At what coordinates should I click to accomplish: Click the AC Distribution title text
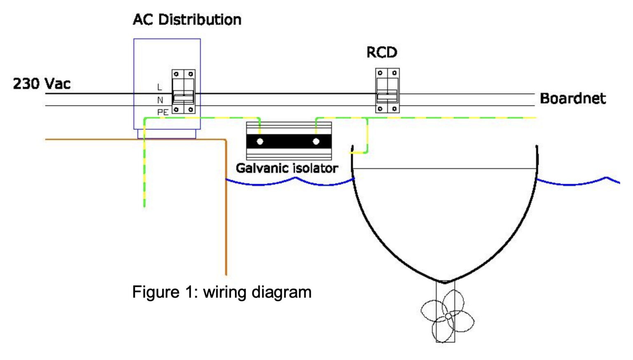[187, 20]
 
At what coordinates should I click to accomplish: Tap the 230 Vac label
[42, 84]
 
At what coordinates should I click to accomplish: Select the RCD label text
[382, 53]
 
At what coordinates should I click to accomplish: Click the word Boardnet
[572, 98]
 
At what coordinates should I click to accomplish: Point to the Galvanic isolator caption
[287, 168]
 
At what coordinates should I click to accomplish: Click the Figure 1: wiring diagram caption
[222, 292]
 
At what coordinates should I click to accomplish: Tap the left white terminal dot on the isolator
[260, 142]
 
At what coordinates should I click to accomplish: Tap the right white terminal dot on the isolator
[316, 142]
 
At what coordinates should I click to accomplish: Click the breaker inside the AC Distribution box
[183, 91]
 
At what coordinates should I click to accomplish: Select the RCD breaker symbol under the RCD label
[387, 91]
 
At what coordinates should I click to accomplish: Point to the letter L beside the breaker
[159, 87]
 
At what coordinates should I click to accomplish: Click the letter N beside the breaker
[160, 100]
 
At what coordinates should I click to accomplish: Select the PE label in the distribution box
[162, 112]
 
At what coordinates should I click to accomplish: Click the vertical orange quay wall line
[226, 206]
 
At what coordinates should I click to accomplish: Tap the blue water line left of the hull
[288, 181]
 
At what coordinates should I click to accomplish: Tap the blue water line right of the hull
[577, 182]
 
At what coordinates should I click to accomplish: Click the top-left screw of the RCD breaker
[380, 73]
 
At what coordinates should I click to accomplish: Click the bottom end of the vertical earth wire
[144, 205]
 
